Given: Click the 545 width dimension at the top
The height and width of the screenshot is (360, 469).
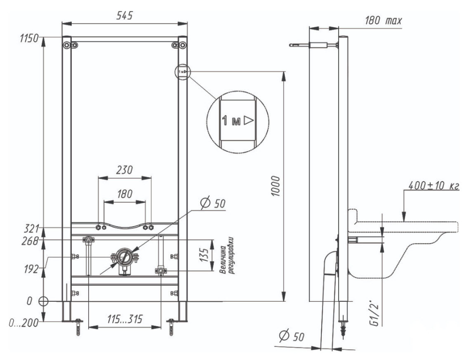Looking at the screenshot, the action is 124,15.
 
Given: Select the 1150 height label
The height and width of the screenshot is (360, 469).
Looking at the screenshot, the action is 29,38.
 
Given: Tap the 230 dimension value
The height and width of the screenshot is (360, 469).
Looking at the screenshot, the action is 124,170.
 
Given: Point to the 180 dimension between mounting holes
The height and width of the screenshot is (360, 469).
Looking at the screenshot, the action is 124,194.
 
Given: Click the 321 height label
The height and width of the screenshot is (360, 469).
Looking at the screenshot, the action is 31,229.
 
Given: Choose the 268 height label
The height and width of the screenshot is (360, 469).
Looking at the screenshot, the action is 30,241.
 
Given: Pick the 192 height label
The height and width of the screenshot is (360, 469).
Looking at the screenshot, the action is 31,269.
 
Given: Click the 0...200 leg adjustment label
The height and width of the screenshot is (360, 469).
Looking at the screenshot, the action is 23,323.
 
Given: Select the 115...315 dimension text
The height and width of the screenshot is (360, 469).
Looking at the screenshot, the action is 125,319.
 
